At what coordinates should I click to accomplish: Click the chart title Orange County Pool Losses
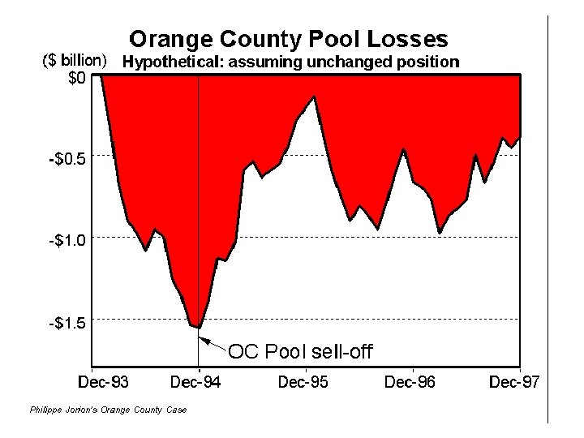(289, 38)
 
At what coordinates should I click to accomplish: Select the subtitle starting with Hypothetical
(290, 61)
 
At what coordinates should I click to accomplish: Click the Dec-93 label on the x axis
(103, 382)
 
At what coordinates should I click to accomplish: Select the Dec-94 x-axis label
(199, 382)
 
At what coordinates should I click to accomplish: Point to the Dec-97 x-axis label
(513, 382)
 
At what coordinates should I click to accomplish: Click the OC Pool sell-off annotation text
(300, 352)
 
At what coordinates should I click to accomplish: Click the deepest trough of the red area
(197, 327)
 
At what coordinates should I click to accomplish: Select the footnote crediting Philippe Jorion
(107, 410)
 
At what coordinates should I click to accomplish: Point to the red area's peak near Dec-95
(315, 97)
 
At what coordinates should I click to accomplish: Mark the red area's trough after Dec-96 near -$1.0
(440, 233)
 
